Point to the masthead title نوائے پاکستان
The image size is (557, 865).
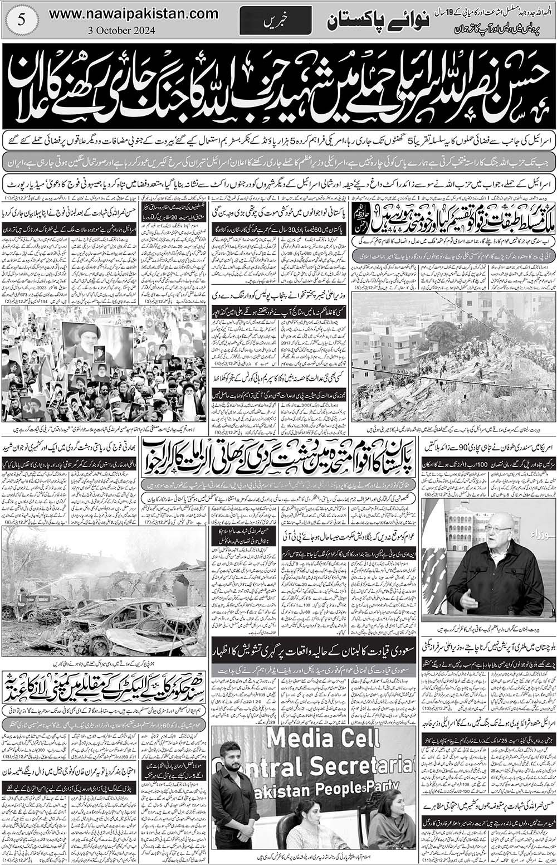365,21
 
